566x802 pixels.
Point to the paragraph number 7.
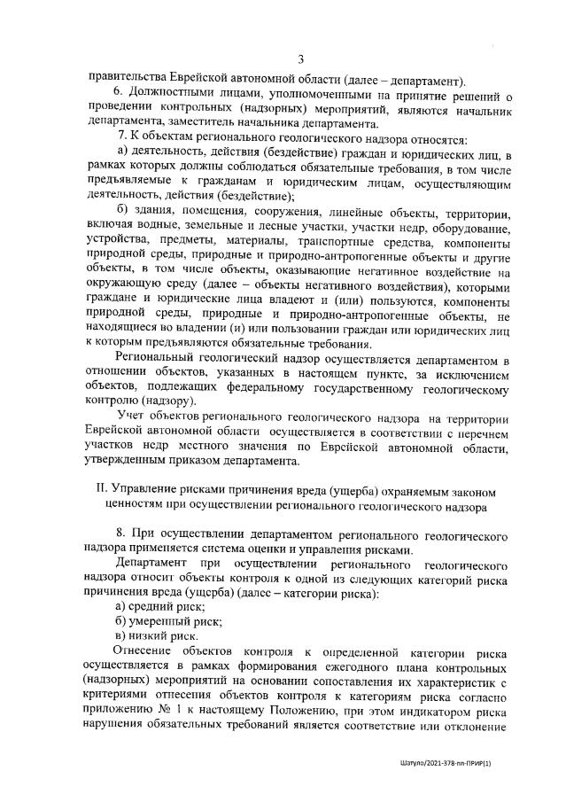pos(122,140)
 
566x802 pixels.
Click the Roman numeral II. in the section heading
pos(102,490)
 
